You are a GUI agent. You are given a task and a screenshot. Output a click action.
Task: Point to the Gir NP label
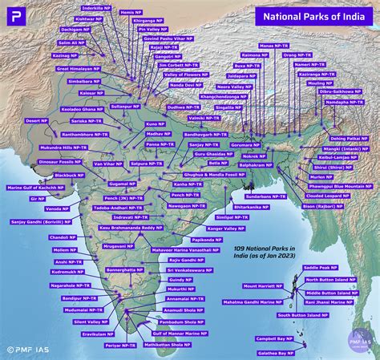coord(38,198)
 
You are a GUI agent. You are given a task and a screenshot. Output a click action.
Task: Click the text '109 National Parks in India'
coord(265,253)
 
